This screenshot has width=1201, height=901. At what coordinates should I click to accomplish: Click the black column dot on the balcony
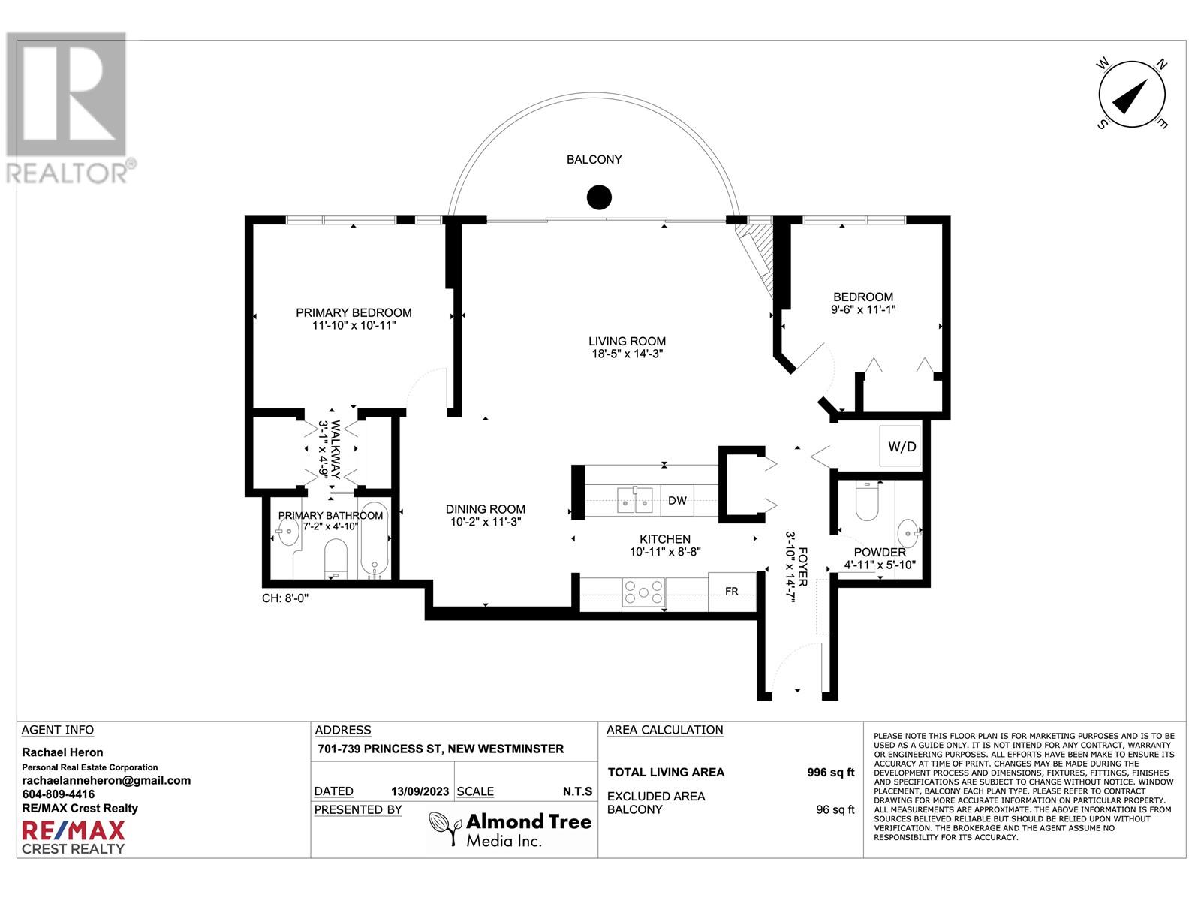click(598, 197)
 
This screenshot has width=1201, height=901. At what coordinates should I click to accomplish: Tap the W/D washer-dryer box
click(900, 447)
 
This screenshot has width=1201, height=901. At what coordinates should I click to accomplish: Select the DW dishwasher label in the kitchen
click(677, 500)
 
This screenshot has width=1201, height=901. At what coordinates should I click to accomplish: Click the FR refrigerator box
click(732, 592)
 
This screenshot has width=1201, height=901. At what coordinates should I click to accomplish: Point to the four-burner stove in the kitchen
click(643, 592)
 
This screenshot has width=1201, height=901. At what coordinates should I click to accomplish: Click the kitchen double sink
click(635, 500)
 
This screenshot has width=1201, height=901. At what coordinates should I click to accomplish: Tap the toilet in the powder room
click(867, 501)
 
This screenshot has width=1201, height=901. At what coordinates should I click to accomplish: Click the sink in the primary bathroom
click(287, 532)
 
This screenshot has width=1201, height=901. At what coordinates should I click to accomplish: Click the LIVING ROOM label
click(627, 342)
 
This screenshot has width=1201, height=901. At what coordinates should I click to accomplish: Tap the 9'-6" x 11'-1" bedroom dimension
click(863, 309)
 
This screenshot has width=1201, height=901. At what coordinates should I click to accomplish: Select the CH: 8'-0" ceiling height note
click(285, 598)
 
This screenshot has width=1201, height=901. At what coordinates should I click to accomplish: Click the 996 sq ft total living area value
click(831, 773)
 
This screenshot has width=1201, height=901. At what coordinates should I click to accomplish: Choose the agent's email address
click(106, 781)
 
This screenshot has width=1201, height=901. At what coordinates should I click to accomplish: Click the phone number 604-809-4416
click(58, 794)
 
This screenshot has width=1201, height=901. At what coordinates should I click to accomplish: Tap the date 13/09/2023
click(420, 791)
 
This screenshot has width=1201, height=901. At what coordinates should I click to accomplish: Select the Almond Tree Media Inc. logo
click(510, 830)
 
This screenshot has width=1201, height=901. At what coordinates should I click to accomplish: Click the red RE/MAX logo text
click(74, 831)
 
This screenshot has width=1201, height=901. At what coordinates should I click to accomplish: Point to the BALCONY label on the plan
click(594, 160)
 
